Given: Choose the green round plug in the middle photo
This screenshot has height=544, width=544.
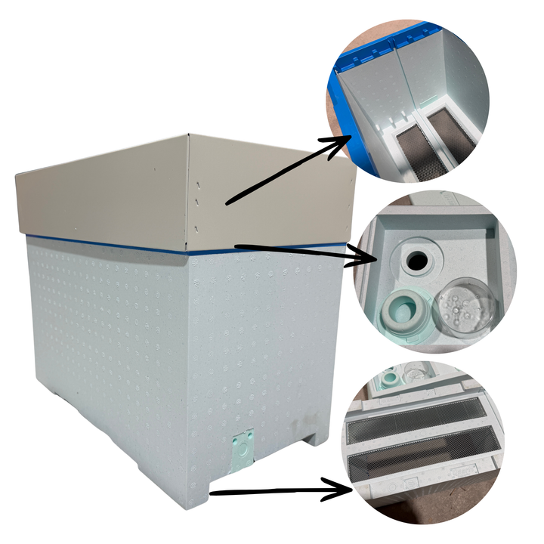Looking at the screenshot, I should tap(406, 311).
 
